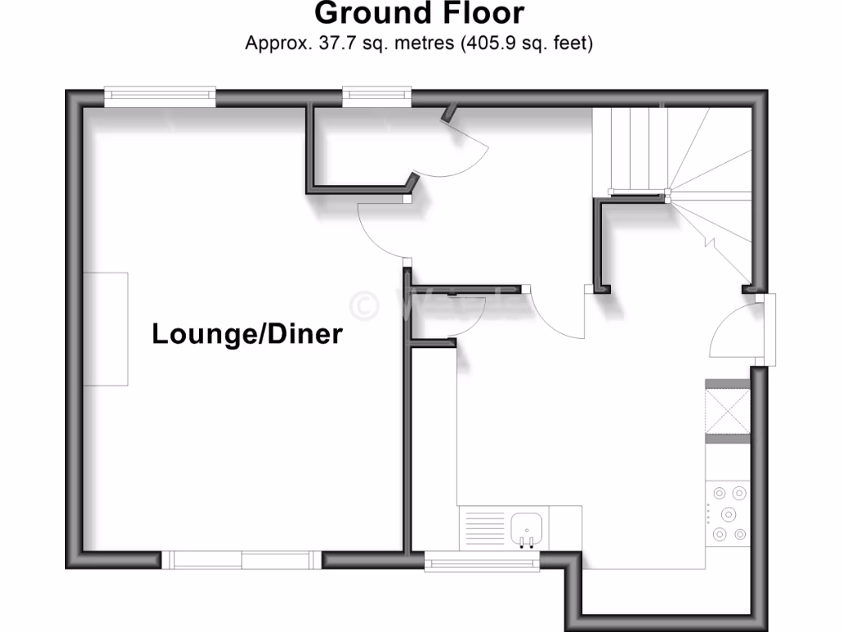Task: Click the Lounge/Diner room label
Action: click(247, 334)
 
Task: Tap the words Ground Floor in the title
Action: click(419, 14)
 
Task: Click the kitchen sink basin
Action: click(525, 526)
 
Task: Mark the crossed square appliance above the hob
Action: click(727, 410)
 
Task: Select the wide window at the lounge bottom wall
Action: click(241, 560)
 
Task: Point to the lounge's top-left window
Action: click(160, 97)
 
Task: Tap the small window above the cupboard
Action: click(377, 97)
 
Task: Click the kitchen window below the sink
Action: click(482, 563)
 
